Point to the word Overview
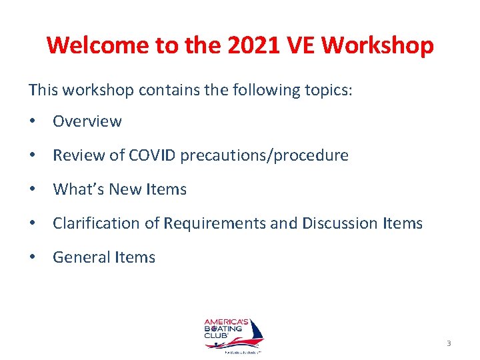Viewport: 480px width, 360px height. pos(87,121)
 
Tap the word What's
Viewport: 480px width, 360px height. pos(74,189)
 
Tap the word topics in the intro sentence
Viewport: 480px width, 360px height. pos(327,89)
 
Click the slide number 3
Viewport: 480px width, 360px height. pos(449,343)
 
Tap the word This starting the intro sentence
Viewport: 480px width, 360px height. pos(43,89)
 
